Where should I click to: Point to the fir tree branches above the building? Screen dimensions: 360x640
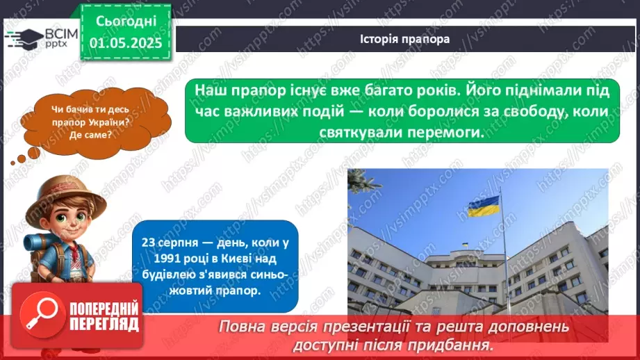point(363,182)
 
